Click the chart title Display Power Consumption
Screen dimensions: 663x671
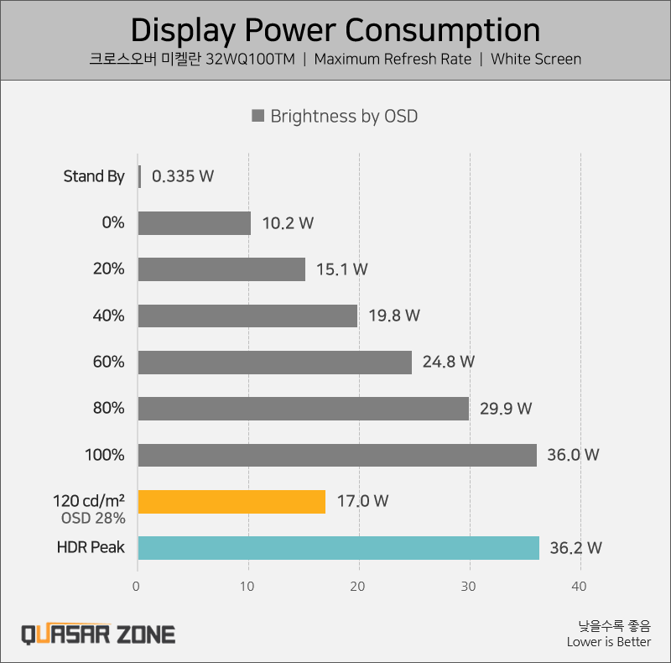pyautogui.click(x=335, y=30)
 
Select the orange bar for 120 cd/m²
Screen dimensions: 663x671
pyautogui.click(x=231, y=501)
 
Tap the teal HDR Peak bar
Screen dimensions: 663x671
pyautogui.click(x=338, y=548)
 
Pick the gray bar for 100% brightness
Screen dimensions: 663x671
pyautogui.click(x=337, y=455)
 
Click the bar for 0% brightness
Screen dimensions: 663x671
pyautogui.click(x=195, y=223)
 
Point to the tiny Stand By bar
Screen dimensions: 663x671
pyautogui.click(x=139, y=176)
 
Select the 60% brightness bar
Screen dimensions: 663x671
pyautogui.click(x=275, y=363)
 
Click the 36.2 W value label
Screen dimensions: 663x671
pyautogui.click(x=575, y=548)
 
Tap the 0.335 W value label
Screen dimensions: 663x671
pyautogui.click(x=183, y=176)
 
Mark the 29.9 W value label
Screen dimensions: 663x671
pyautogui.click(x=506, y=409)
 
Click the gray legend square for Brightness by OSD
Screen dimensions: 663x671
pyautogui.click(x=258, y=116)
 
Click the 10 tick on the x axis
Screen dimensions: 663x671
pyautogui.click(x=248, y=587)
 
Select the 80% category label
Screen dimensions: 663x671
pyautogui.click(x=109, y=409)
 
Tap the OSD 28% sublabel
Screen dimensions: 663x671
pyautogui.click(x=93, y=518)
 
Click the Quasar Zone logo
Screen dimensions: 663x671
pyautogui.click(x=98, y=633)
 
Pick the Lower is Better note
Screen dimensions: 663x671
pyautogui.click(x=609, y=642)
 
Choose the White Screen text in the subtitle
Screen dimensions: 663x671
pyautogui.click(x=536, y=60)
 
